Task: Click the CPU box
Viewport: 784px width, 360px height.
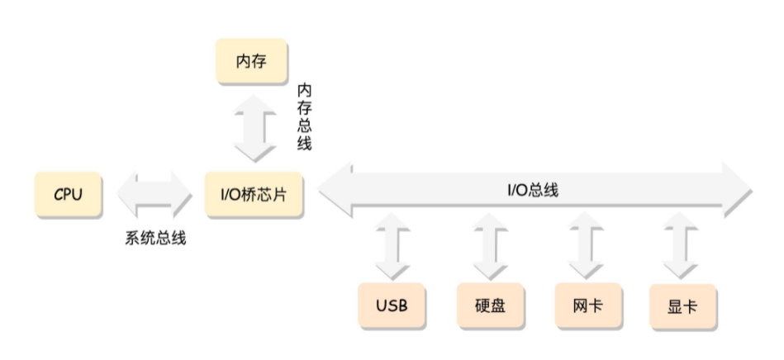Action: click(x=69, y=195)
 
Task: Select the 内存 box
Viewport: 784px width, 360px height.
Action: click(x=251, y=62)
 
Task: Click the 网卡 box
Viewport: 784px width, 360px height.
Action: click(x=586, y=306)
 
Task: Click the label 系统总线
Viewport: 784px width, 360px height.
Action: click(x=155, y=239)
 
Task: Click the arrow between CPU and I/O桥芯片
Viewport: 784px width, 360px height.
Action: click(x=154, y=195)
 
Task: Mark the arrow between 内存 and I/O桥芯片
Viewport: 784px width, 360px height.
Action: click(x=253, y=128)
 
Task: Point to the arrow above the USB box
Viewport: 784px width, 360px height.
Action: click(x=392, y=246)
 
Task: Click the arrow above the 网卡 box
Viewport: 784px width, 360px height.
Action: click(x=586, y=246)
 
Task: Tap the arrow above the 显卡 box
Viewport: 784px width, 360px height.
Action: click(x=682, y=246)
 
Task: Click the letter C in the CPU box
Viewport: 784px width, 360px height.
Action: click(x=59, y=195)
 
